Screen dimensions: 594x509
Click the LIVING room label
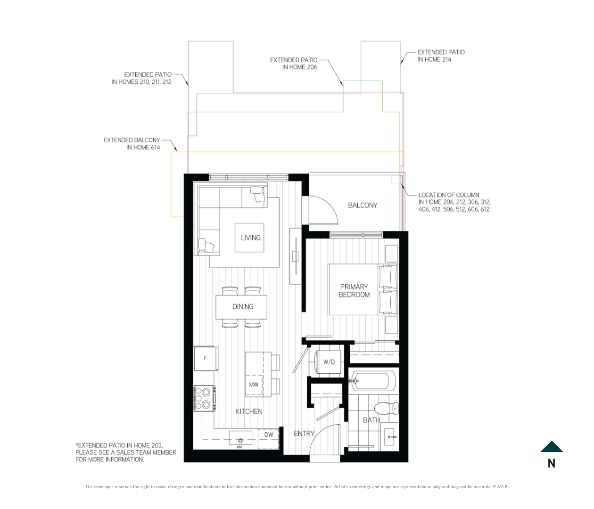tap(251, 238)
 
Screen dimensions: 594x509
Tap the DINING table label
tap(243, 306)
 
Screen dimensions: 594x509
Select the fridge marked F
tap(206, 359)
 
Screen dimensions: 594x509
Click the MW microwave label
tap(254, 385)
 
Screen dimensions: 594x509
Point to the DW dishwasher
tap(268, 439)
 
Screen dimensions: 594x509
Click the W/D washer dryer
tap(329, 362)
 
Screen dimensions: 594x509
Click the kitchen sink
tap(240, 438)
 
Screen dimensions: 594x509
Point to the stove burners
tap(204, 398)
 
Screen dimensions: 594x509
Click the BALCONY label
tap(363, 205)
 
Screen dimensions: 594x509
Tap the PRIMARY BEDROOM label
tap(354, 291)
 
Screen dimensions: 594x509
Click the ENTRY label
tap(304, 434)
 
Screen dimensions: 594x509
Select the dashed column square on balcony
tap(396, 180)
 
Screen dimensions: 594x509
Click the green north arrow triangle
tap(552, 446)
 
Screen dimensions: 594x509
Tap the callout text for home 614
tap(132, 144)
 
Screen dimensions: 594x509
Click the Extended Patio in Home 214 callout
tap(441, 56)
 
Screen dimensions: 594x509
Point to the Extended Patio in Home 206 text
tap(294, 64)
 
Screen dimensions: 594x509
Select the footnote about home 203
tap(126, 452)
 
